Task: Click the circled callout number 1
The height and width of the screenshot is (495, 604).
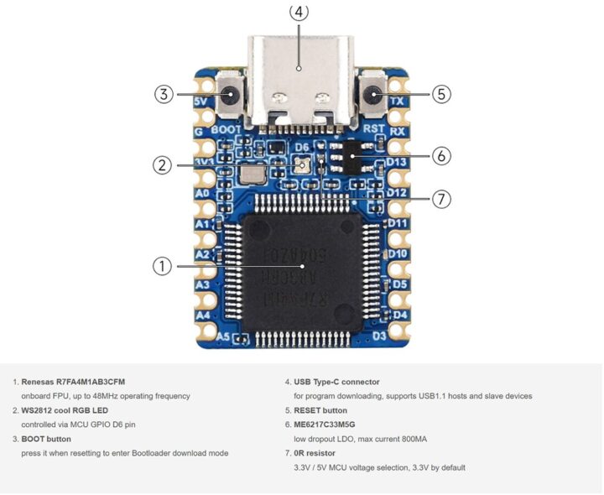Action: pos(162,266)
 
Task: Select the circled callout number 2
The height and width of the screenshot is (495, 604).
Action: pos(163,164)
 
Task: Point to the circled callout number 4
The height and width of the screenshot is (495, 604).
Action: pos(299,12)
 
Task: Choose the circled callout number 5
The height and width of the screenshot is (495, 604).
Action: pos(442,94)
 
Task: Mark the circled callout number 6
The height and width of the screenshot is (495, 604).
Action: pos(443,155)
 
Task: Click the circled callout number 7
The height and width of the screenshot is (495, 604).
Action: pos(443,199)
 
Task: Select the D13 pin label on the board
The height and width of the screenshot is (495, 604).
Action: pos(397,162)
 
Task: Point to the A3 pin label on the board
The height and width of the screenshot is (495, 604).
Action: pos(202,285)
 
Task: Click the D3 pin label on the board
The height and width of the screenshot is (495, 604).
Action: pos(379,336)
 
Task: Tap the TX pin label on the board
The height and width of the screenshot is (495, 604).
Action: pos(397,102)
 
